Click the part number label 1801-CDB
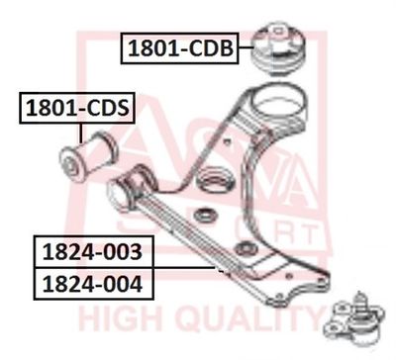tap(180, 48)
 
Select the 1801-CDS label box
tap(77, 108)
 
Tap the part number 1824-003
tap(93, 252)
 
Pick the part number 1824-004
tap(93, 284)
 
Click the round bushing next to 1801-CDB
tap(279, 48)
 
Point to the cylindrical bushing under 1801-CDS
tap(88, 156)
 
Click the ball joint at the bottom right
tap(354, 318)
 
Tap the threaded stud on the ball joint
tap(359, 301)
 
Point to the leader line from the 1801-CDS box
tap(80, 133)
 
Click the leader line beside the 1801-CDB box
tap(246, 48)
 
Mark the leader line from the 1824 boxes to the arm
tap(184, 268)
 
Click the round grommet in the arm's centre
tap(216, 179)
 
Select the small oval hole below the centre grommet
tap(206, 216)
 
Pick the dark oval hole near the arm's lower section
tap(247, 248)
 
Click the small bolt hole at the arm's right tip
tap(321, 281)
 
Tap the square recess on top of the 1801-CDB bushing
tap(279, 32)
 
